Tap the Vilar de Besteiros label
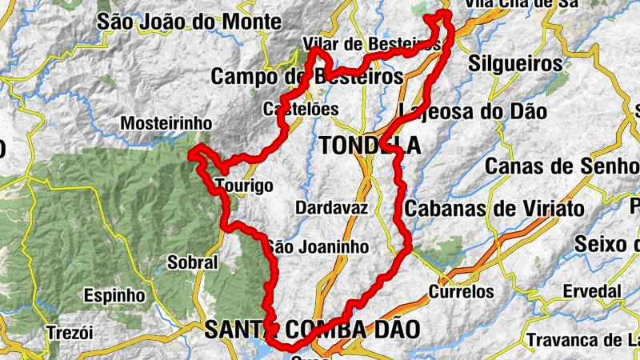(372, 44)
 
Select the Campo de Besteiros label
(307, 77)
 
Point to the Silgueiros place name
(517, 62)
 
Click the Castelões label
(301, 109)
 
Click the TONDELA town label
(370, 145)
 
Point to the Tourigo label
(245, 186)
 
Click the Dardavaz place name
(331, 208)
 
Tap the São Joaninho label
(318, 247)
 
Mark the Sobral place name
(192, 262)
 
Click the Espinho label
(119, 295)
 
